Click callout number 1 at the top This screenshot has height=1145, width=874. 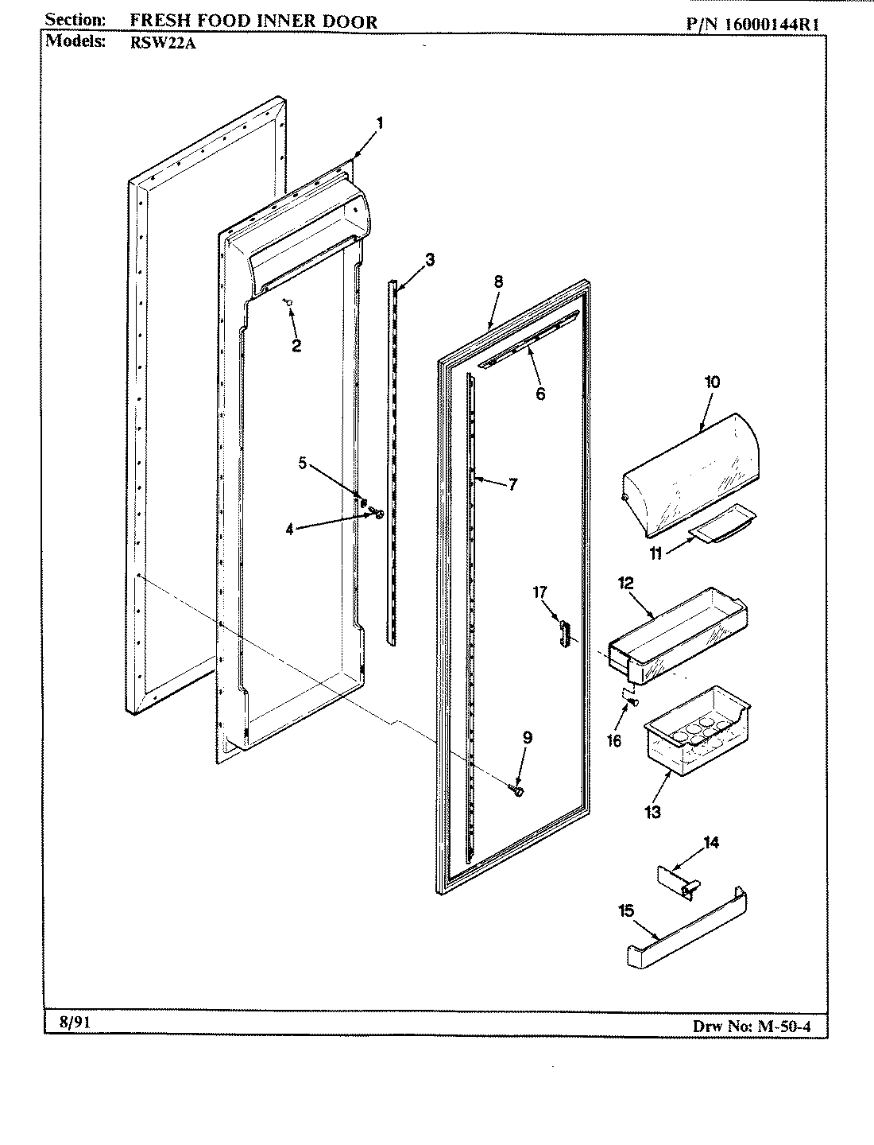point(380,123)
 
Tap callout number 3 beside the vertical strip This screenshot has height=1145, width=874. point(430,258)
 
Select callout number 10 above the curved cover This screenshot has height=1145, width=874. point(712,382)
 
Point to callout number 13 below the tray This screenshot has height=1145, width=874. point(653,812)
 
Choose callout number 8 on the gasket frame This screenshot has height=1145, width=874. point(498,281)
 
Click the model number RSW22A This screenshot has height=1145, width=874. point(163,44)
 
